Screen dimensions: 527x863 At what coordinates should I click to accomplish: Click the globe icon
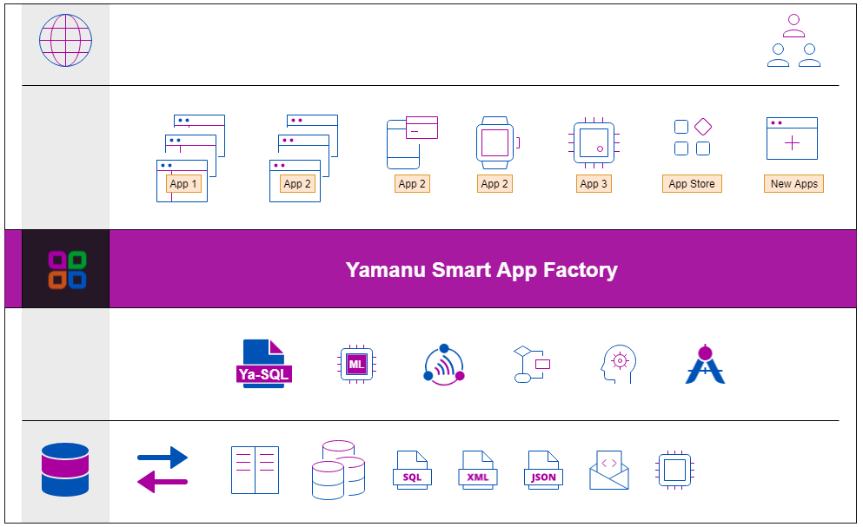65,41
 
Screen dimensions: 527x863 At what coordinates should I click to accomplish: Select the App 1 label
183,184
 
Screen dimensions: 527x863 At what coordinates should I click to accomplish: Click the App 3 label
594,184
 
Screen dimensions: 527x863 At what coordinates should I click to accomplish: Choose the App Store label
691,184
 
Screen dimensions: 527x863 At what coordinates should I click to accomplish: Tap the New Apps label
793,184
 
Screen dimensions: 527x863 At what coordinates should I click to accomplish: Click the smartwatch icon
495,142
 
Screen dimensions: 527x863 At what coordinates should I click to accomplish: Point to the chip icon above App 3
594,141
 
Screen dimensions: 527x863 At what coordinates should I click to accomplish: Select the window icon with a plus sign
792,139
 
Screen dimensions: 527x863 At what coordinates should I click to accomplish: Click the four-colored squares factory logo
66,269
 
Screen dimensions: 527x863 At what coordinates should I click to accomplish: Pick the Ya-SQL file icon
264,364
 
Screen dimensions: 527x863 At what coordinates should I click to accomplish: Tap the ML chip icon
355,364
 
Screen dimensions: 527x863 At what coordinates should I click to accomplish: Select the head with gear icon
619,364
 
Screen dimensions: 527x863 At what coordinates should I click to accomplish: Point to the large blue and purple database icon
65,470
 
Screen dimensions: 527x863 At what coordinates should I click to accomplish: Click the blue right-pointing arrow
163,457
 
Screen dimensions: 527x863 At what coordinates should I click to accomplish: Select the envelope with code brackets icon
608,470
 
